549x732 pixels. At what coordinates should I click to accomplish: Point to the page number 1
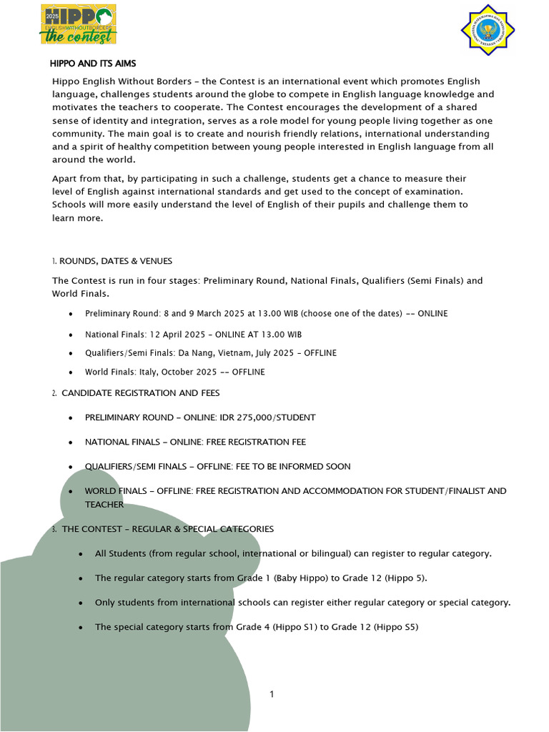pos(272,694)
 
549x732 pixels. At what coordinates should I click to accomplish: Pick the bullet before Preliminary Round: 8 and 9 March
pos(70,315)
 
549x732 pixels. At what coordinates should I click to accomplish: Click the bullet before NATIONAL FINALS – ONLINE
pos(70,442)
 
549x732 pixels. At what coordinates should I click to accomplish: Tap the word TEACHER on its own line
pos(104,504)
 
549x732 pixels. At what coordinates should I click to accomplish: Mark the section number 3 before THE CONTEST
pos(54,529)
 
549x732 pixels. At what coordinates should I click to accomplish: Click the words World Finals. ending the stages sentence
pos(80,294)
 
